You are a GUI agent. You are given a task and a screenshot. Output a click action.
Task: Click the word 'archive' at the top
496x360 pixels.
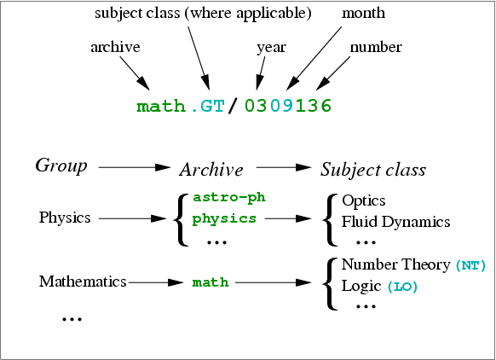point(115,47)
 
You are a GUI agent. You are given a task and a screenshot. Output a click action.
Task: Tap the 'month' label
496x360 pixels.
point(363,13)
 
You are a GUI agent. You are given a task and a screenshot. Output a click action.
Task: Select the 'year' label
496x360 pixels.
point(271,48)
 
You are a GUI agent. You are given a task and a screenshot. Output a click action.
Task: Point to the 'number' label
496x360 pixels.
point(376,47)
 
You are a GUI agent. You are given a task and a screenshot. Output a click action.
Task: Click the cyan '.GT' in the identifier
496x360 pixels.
point(207,106)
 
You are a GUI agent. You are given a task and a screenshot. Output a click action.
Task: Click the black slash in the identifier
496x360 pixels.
point(234,106)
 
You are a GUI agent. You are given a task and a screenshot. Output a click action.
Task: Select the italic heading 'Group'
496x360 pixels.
point(61,165)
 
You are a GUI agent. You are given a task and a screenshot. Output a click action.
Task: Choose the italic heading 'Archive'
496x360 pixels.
point(211,170)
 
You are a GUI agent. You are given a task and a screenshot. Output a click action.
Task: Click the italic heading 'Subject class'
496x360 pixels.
point(373,170)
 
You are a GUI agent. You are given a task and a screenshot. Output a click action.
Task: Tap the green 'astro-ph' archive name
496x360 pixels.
point(229,197)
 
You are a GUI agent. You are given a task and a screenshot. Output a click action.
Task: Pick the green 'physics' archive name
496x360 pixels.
point(224,219)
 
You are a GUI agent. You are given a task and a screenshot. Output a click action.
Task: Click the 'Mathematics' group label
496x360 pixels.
point(83,282)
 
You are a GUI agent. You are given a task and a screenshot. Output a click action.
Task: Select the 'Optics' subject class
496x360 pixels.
point(364,201)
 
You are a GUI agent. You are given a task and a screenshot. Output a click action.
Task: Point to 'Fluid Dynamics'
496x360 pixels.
point(395,222)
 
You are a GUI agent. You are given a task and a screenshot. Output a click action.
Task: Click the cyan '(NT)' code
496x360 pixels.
point(470,265)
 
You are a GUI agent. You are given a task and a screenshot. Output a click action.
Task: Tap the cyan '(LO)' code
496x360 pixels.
point(402,287)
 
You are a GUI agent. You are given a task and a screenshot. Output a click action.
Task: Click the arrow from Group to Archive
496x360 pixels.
point(135,167)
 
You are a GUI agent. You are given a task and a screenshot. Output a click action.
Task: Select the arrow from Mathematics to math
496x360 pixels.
point(156,282)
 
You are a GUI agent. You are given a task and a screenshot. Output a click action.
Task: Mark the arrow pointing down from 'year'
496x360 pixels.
point(260,73)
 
